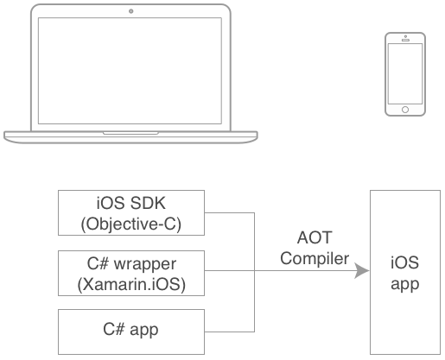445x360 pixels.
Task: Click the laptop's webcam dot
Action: (x=130, y=11)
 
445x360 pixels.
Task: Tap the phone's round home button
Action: (x=405, y=109)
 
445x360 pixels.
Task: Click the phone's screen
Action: (x=405, y=73)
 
